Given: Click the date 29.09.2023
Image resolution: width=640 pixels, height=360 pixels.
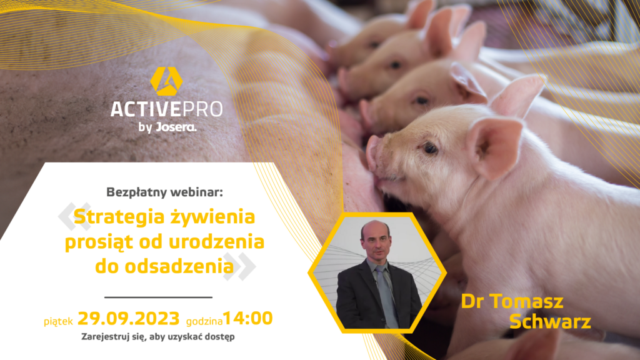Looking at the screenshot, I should point(129,319).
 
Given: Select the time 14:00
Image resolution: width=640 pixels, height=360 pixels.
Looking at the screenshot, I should point(247,319).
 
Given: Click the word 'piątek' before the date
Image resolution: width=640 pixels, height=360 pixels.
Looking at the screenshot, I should point(59,321).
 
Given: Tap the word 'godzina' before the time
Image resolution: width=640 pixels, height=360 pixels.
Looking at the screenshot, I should point(204,321).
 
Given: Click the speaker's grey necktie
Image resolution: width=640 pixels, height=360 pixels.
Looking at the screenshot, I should point(386,294).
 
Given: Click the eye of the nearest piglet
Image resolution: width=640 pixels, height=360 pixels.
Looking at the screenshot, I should point(430,148).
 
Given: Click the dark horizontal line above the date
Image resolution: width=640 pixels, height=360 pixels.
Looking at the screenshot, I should point(158,297).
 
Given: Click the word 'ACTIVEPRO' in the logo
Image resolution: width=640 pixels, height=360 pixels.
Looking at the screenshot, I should point(166,109).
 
